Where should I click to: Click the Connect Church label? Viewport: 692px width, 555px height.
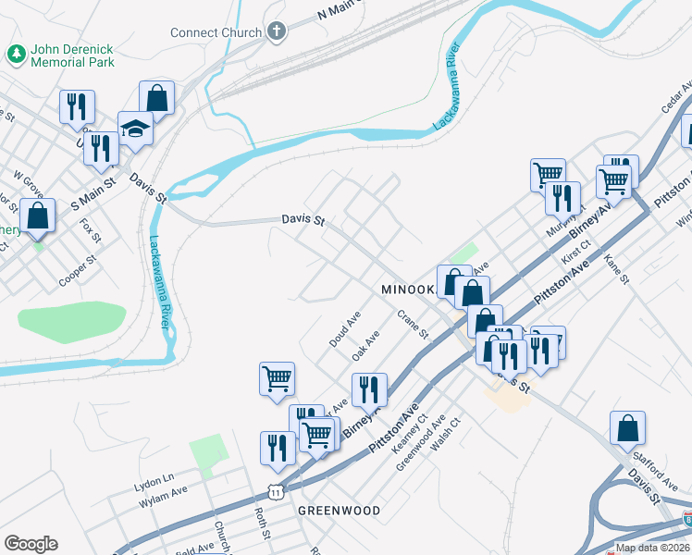click(216, 32)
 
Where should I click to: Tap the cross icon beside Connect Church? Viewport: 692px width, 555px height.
click(276, 32)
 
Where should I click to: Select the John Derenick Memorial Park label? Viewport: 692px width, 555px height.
click(73, 55)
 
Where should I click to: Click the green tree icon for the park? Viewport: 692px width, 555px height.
click(17, 55)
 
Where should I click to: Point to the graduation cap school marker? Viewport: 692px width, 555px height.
click(136, 129)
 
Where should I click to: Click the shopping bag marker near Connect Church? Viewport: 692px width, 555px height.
click(157, 98)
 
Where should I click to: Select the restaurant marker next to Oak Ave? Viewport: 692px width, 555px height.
click(369, 390)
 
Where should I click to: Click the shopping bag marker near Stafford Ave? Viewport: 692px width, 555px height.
click(627, 428)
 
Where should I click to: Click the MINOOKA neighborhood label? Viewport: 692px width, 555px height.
click(407, 290)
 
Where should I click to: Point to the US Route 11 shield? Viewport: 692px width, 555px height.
click(275, 492)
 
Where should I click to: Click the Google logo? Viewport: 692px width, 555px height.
click(31, 544)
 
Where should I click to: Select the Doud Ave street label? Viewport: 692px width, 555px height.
click(344, 329)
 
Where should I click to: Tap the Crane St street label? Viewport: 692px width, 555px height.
click(414, 326)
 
